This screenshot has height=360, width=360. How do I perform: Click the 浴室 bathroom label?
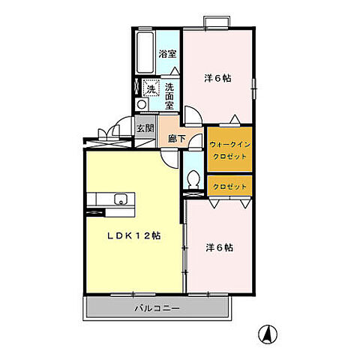tap(167, 54)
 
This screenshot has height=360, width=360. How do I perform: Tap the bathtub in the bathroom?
tap(145, 53)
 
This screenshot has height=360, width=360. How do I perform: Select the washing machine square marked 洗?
tap(151, 88)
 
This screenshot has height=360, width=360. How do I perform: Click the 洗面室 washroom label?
tap(169, 96)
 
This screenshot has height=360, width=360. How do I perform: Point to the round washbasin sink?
tap(142, 104)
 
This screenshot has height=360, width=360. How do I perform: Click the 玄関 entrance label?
tap(145, 128)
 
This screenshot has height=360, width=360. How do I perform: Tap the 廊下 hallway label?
tap(176, 139)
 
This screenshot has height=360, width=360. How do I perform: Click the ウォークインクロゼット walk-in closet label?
tap(229, 150)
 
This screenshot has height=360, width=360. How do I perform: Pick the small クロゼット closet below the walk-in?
tap(229, 187)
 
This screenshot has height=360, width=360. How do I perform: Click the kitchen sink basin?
tap(121, 199)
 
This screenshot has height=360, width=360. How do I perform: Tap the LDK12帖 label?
tap(133, 235)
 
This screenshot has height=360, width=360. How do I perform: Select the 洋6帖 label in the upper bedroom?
tap(217, 79)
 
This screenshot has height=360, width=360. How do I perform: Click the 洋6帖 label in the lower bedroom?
tap(220, 247)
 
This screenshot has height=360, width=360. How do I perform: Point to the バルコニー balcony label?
tap(157, 308)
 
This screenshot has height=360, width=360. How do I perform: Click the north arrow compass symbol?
tap(268, 334)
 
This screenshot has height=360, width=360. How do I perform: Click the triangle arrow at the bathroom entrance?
tap(175, 70)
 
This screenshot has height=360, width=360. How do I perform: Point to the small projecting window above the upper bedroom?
tap(217, 22)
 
